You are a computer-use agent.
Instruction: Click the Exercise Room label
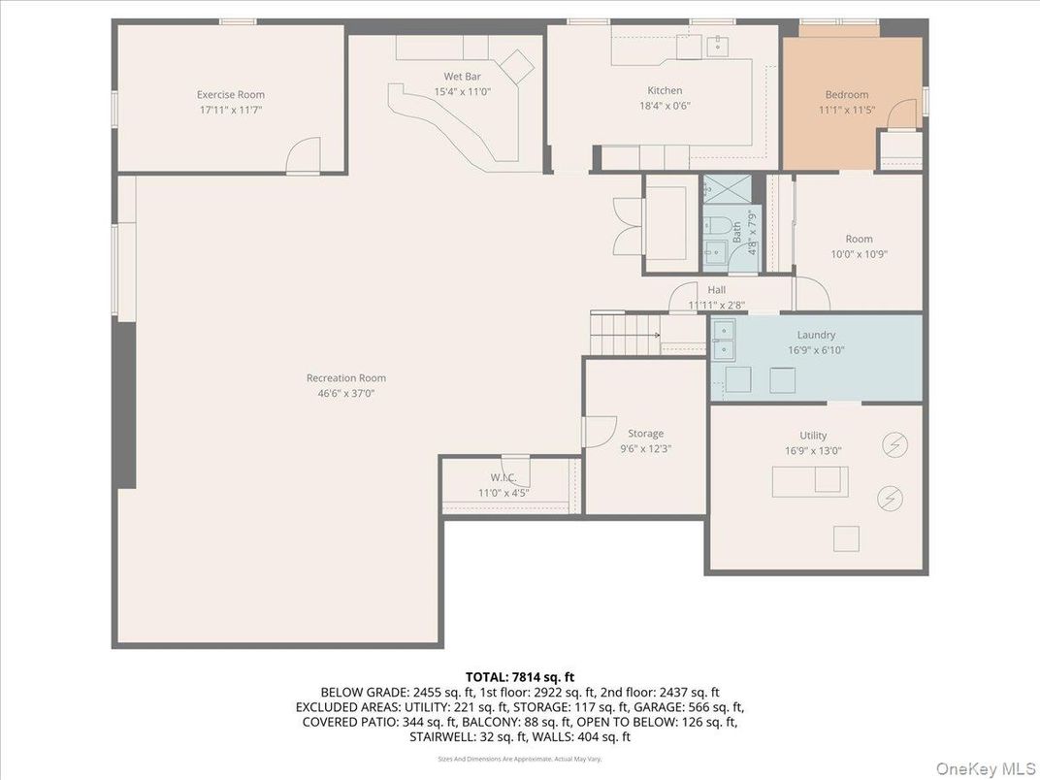point(231,95)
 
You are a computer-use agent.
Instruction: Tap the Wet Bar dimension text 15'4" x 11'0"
point(463,92)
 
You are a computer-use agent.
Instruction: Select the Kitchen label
point(665,91)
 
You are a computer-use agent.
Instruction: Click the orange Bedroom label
point(846,95)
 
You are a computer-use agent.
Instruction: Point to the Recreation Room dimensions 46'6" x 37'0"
point(345,394)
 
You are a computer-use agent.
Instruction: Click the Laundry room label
point(816,335)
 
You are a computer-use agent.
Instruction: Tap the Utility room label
point(813,436)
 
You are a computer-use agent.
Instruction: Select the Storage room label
point(645,434)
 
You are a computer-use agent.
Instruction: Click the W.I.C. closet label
point(502,478)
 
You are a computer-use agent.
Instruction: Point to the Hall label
point(716,290)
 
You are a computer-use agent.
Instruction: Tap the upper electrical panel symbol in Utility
point(894,445)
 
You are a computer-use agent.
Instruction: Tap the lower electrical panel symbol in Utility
point(889,499)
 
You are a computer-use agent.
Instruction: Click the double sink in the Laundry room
point(724,337)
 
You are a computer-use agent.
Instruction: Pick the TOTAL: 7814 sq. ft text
point(519,676)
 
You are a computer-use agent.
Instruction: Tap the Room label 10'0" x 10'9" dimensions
point(858,254)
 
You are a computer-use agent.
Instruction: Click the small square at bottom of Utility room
point(846,537)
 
